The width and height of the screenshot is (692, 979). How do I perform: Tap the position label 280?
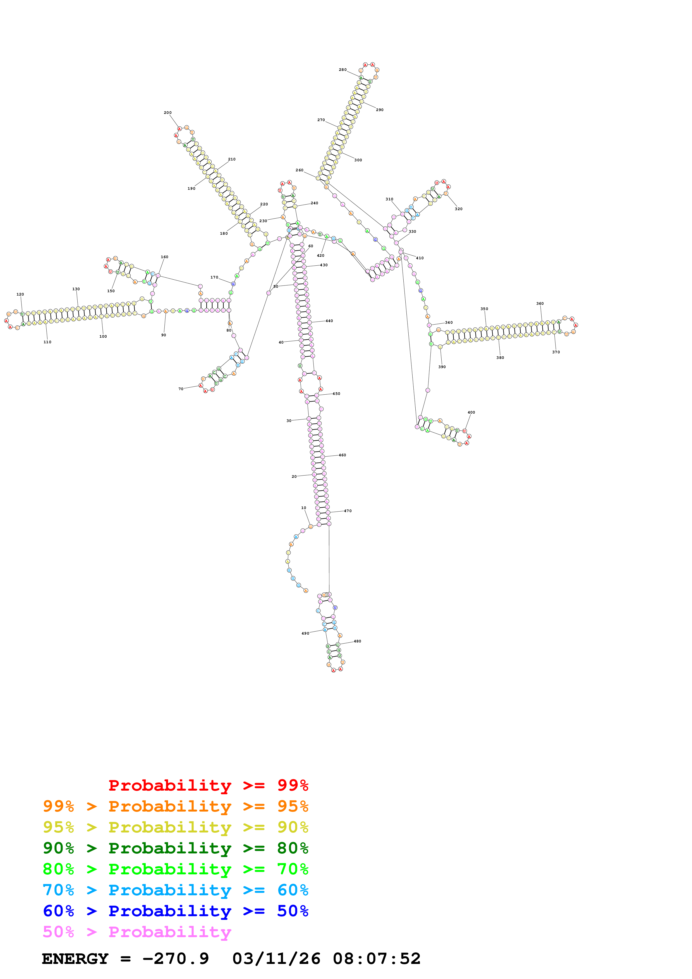pyautogui.click(x=343, y=69)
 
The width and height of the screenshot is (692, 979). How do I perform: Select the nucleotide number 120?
pyautogui.click(x=20, y=294)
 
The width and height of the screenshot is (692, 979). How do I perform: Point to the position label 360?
pyautogui.click(x=540, y=304)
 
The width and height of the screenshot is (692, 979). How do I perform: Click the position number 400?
pyautogui.click(x=471, y=412)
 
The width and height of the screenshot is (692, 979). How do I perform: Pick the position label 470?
pyautogui.click(x=348, y=511)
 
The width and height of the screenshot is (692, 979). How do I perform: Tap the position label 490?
pyautogui.click(x=305, y=633)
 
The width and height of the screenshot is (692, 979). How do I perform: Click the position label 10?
pyautogui.click(x=304, y=508)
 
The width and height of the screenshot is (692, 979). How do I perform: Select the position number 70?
pyautogui.click(x=181, y=389)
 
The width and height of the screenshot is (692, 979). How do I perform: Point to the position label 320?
pyautogui.click(x=458, y=209)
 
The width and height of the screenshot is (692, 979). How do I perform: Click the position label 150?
pyautogui.click(x=111, y=291)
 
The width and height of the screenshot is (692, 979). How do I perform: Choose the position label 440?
pyautogui.click(x=329, y=321)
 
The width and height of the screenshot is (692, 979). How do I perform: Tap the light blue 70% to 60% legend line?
pyautogui.click(x=175, y=890)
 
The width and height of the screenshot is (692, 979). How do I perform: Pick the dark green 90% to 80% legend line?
pyautogui.click(x=175, y=848)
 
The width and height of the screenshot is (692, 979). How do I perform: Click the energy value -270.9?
pyautogui.click(x=175, y=959)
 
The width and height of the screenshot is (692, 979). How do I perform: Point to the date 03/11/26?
pyautogui.click(x=276, y=959)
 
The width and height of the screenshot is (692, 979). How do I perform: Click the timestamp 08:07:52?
pyautogui.click(x=377, y=959)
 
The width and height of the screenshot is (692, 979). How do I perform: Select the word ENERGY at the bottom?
pyautogui.click(x=75, y=959)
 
